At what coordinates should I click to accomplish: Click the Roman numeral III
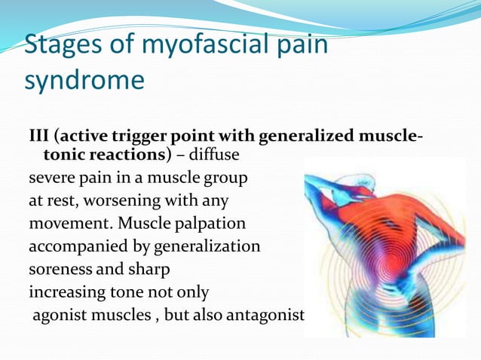tap(39, 137)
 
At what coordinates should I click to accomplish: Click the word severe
tap(51, 181)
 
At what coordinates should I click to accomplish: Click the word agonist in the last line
tap(60, 313)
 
